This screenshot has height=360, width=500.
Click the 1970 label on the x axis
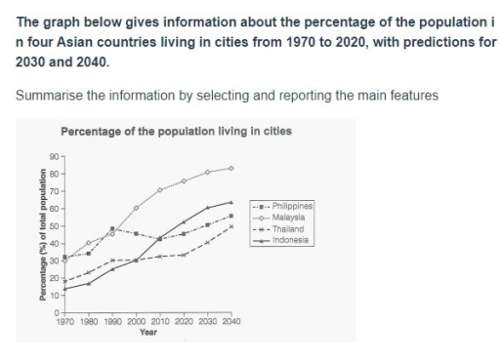64,321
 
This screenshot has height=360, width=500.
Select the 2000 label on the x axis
135,321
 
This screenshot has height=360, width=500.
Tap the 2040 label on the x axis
230,321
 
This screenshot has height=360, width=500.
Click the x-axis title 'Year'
147,332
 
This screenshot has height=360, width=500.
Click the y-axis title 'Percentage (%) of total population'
42,234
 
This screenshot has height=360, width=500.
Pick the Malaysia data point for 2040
230,168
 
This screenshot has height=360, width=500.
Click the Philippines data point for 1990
112,228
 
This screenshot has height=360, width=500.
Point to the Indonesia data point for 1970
64,289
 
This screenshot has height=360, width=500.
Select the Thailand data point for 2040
230,226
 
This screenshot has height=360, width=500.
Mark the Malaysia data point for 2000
136,208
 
